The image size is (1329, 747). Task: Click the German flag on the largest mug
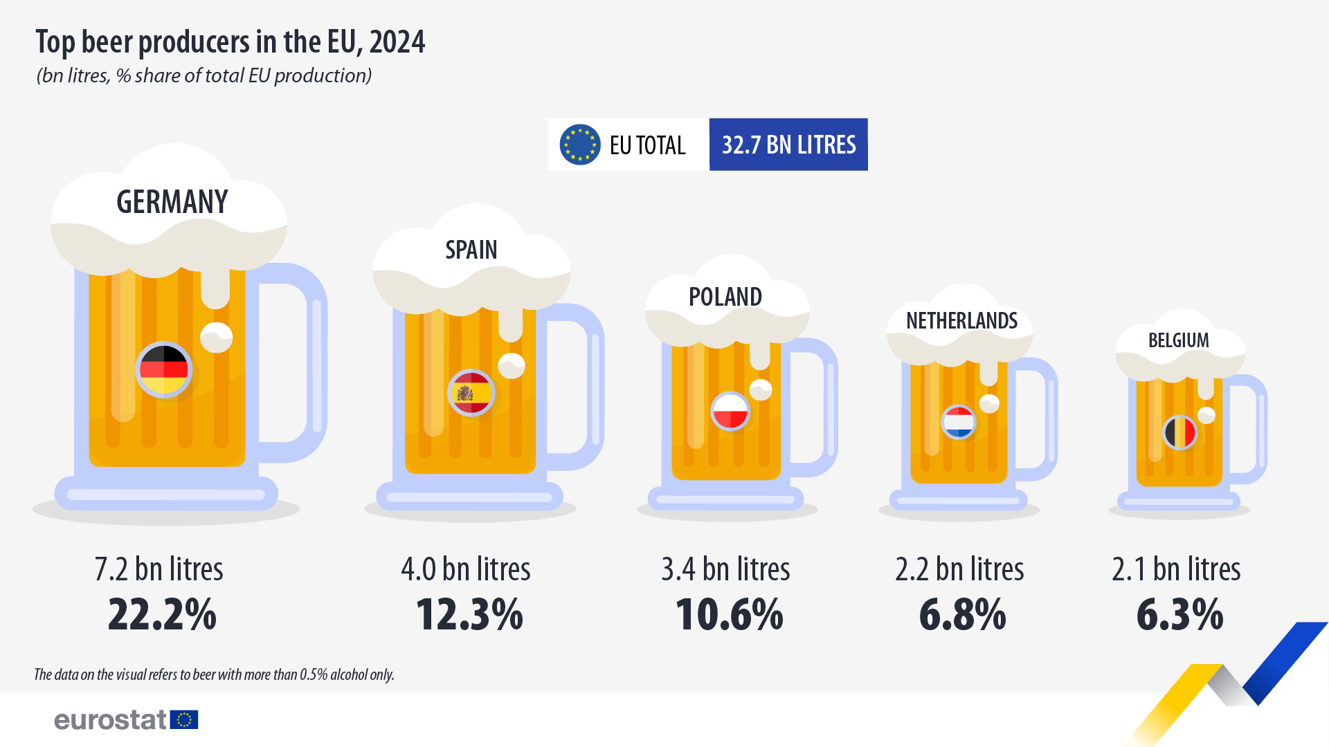click(x=164, y=369)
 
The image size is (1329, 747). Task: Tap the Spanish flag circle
click(x=471, y=393)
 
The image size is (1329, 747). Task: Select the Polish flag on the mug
click(x=730, y=411)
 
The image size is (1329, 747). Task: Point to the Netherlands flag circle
click(x=959, y=422)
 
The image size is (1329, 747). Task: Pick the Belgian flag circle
click(x=1180, y=433)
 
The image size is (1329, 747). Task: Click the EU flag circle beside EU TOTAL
click(x=579, y=145)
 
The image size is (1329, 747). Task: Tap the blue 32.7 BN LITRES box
click(x=788, y=145)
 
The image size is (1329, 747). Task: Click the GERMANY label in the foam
click(x=172, y=202)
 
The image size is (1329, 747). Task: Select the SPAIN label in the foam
click(x=471, y=250)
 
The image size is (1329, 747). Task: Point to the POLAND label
click(x=725, y=297)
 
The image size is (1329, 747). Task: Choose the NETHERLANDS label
click(x=961, y=321)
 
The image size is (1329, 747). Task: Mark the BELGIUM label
click(x=1178, y=340)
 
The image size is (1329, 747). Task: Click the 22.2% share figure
click(x=162, y=614)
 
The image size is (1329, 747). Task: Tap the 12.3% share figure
click(x=469, y=614)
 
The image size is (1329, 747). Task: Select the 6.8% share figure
click(x=962, y=614)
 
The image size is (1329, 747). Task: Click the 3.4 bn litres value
click(x=725, y=569)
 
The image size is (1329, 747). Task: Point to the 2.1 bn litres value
click(x=1176, y=569)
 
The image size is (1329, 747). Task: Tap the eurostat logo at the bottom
click(x=126, y=720)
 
